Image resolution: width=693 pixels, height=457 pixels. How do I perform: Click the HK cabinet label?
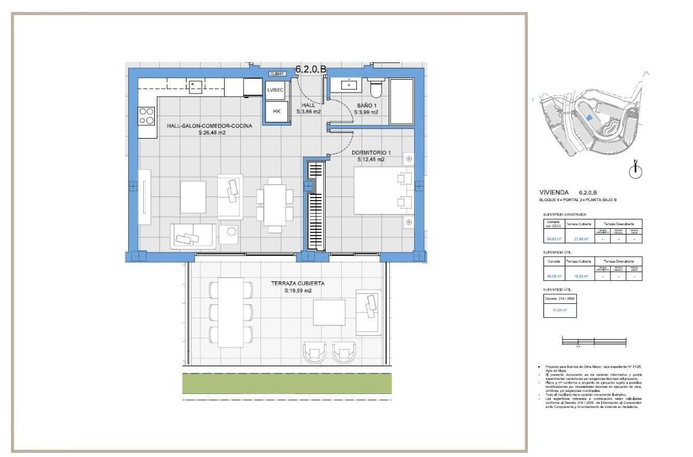coord(277,112)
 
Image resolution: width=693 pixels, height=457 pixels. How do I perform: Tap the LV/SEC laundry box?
coord(275,90)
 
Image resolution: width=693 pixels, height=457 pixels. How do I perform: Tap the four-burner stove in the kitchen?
coord(147,117)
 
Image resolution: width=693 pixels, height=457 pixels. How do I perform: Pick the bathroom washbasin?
coord(350,86)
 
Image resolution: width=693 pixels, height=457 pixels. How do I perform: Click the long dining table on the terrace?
coord(232,309)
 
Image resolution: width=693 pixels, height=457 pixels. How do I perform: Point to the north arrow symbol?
coord(636,169)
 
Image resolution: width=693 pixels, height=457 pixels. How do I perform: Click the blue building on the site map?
coord(588,117)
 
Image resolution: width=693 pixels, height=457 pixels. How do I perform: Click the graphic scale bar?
coord(594,343)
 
